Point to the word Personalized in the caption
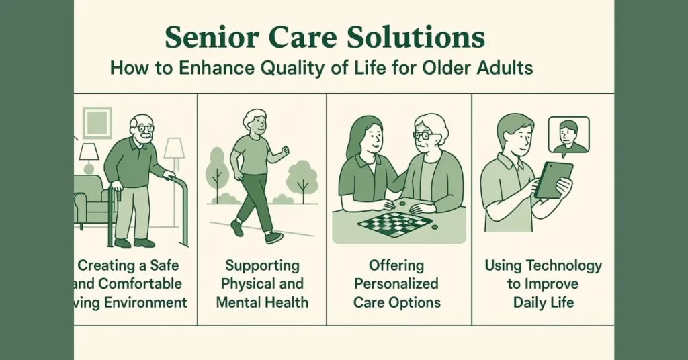click(396, 283)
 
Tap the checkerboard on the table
click(394, 222)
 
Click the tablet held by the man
click(554, 179)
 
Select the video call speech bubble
click(568, 136)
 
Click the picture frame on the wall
click(97, 122)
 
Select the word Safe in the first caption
click(165, 265)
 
